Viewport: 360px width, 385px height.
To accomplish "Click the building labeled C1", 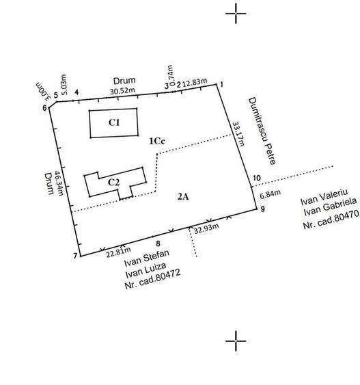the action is (114, 123).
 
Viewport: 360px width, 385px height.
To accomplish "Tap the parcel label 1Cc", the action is (157, 141).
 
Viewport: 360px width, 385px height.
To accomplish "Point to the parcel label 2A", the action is (184, 197).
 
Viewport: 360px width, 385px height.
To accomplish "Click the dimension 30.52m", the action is (122, 91).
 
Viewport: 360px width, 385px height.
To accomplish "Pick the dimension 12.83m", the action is (195, 82).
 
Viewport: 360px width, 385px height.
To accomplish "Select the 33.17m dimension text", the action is (238, 134).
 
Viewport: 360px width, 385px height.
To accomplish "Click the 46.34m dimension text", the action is (59, 183).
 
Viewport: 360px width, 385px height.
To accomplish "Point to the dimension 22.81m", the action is (118, 252).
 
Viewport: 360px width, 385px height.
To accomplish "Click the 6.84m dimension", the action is (271, 194).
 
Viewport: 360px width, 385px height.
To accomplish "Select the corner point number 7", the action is (75, 256).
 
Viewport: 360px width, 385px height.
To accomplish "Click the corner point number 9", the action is (262, 209).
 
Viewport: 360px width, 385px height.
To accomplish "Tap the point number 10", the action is (257, 178).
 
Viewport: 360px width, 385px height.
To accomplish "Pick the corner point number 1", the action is (221, 85).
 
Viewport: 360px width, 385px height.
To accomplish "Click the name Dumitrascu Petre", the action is (262, 131).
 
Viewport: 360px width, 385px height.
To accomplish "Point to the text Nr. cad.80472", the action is (152, 279).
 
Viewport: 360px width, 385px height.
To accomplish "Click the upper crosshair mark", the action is (236, 14).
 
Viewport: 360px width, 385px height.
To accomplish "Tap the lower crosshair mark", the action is (236, 341).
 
